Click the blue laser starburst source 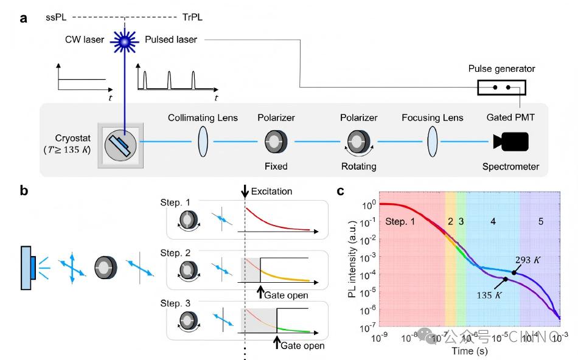tap(125, 41)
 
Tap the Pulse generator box tap(501, 88)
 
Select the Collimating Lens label tap(203, 118)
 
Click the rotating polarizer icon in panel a tap(359, 143)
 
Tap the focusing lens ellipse tap(433, 143)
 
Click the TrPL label tap(192, 18)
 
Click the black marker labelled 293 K tap(514, 272)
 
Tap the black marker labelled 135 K tap(505, 280)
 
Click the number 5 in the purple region tap(541, 222)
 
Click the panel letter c tap(341, 190)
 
